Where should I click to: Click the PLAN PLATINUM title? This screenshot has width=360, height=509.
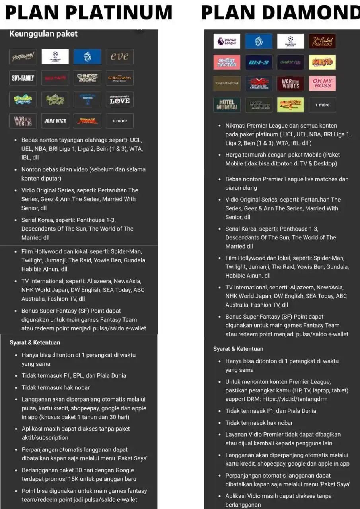click(x=89, y=13)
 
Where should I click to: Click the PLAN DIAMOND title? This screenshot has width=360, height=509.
click(x=281, y=13)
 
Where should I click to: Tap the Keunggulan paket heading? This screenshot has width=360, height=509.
click(x=43, y=34)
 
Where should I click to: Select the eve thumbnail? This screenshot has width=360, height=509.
click(x=120, y=56)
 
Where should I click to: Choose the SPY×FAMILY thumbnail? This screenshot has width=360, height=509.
click(x=23, y=78)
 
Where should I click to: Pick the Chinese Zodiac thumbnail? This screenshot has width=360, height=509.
click(x=87, y=78)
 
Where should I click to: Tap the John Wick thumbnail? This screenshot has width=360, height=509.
click(x=55, y=121)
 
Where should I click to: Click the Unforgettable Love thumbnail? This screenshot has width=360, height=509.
click(x=120, y=99)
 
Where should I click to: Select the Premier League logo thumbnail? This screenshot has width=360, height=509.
click(x=227, y=41)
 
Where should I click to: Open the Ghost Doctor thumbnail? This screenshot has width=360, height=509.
click(x=227, y=62)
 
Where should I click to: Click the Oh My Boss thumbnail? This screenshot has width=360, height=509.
click(x=322, y=84)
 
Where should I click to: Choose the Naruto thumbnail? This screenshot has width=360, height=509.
click(x=322, y=62)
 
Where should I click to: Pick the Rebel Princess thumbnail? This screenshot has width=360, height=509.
click(x=322, y=41)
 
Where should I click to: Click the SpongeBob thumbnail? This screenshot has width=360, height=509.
click(x=23, y=99)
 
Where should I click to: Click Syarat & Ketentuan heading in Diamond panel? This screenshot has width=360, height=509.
click(x=238, y=349)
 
